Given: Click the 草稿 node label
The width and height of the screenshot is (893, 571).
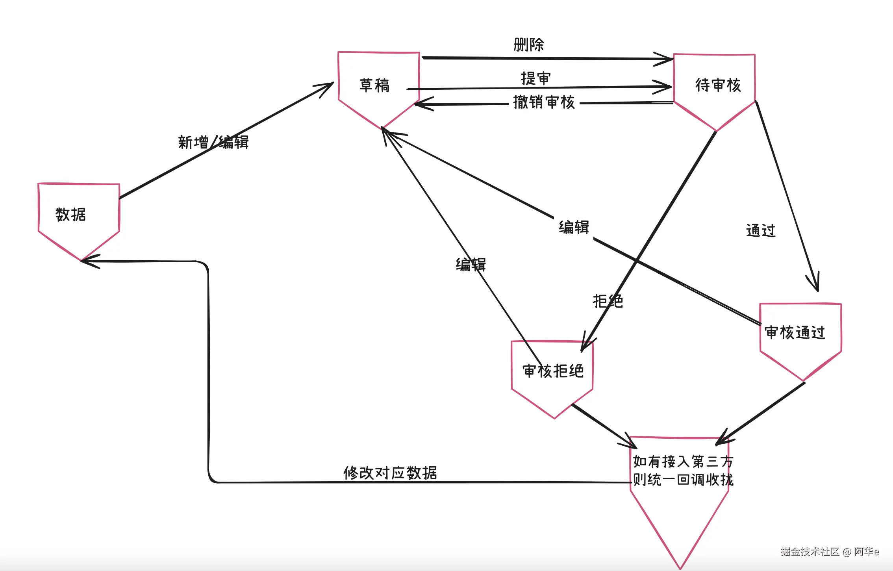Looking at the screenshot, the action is click(x=374, y=85).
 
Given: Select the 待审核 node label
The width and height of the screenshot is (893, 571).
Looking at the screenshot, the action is click(x=718, y=85).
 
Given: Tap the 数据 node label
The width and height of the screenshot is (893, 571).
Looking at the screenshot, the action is click(x=71, y=215).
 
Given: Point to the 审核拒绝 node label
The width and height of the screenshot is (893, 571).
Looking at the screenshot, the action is click(x=553, y=371).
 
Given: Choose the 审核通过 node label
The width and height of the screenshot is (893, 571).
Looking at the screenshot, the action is click(x=795, y=333).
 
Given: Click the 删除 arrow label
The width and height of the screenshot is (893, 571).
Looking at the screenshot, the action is click(x=528, y=44).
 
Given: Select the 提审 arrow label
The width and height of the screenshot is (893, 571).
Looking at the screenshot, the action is click(x=535, y=78).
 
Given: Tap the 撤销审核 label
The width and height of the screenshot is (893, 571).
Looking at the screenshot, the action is click(x=544, y=102).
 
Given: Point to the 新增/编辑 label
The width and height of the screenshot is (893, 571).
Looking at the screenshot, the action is click(x=213, y=142).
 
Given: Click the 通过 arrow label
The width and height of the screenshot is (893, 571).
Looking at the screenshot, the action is click(x=761, y=230).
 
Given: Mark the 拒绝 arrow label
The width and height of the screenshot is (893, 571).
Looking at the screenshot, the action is click(x=608, y=301).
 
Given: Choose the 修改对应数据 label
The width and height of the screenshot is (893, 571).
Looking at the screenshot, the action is click(x=390, y=473).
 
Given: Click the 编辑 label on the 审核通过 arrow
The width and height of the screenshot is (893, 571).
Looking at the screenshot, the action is click(x=574, y=227).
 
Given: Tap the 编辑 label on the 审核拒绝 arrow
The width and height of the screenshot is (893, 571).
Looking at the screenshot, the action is click(x=471, y=265).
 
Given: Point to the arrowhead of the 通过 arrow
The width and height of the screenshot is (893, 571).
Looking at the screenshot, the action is click(x=816, y=285).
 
